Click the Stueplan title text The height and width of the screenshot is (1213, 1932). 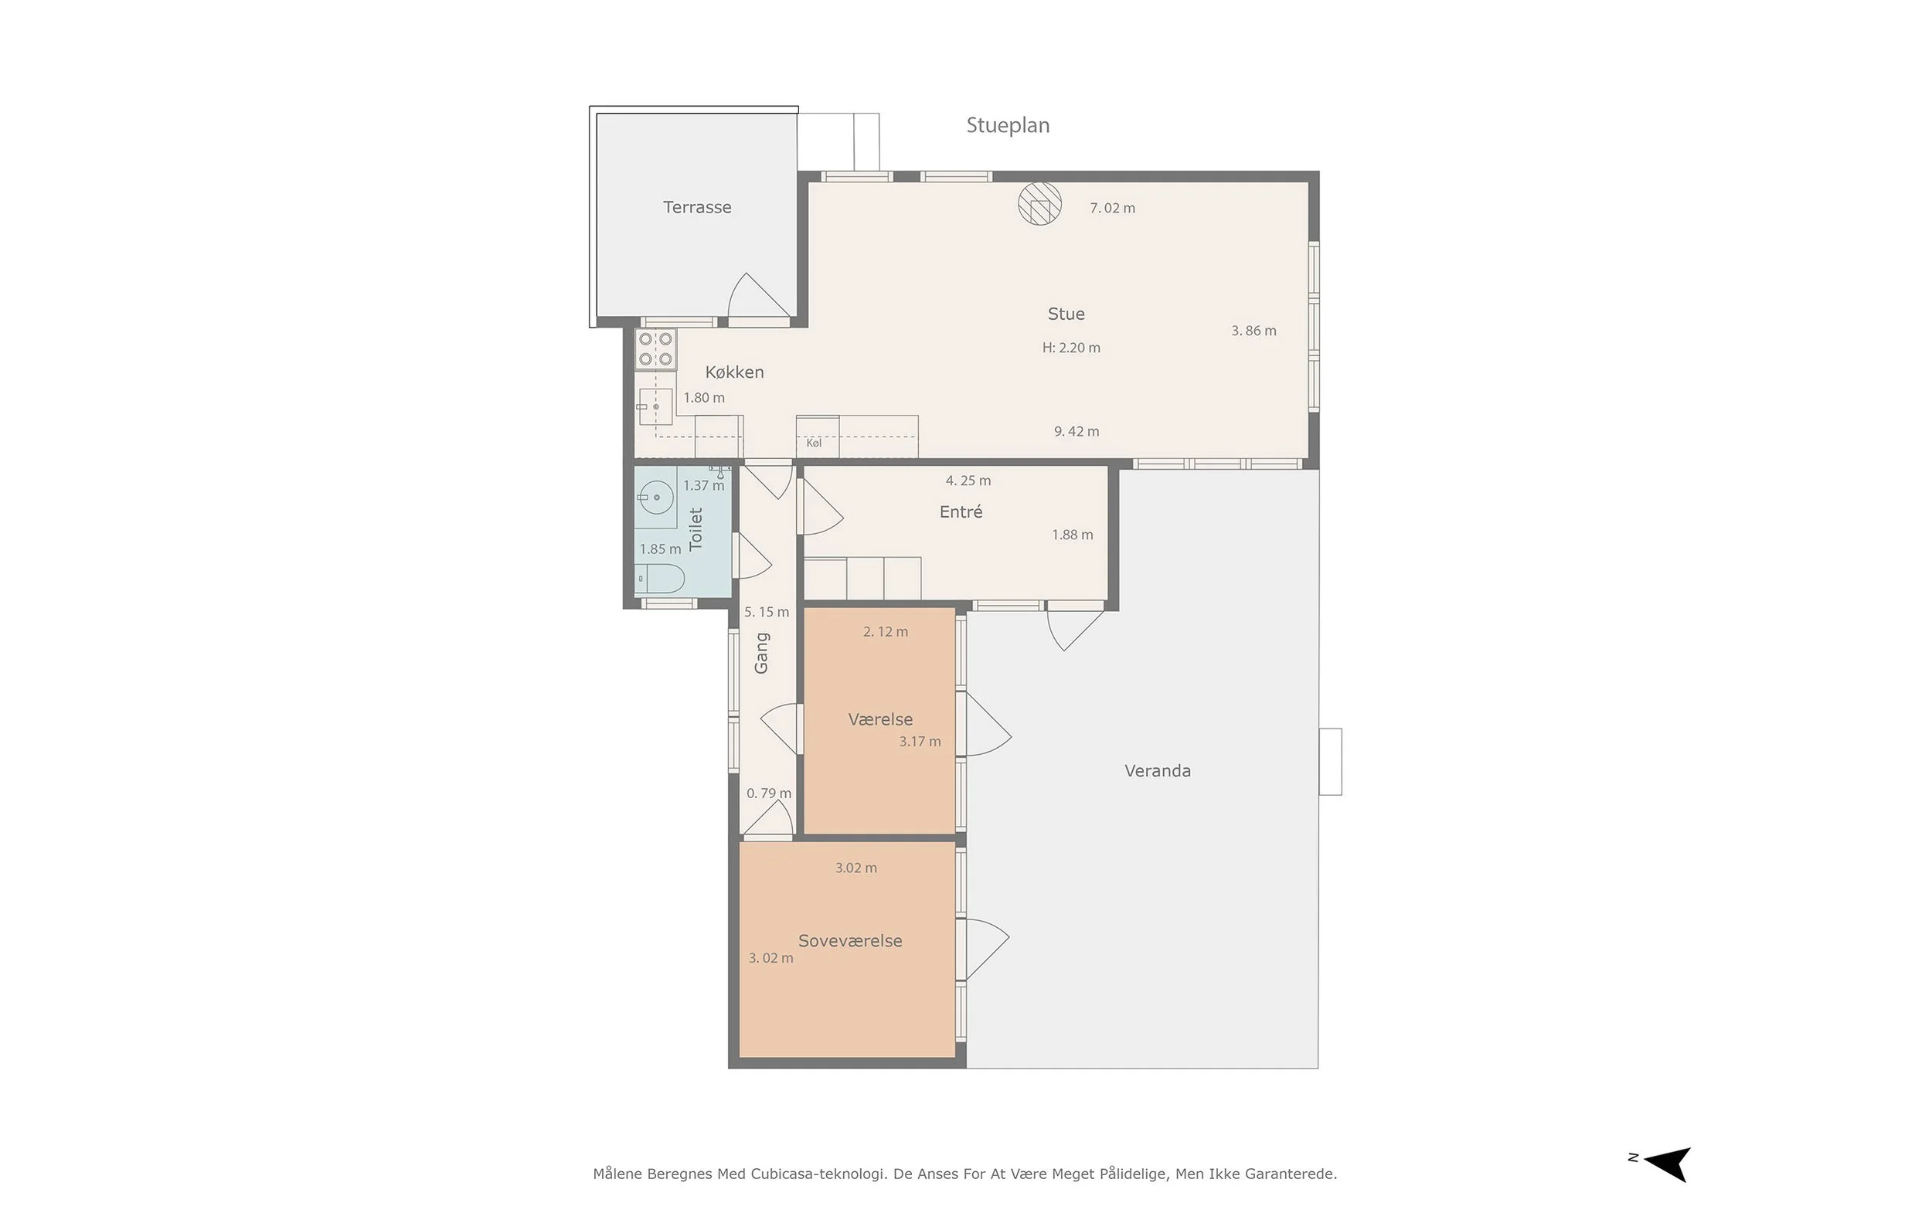tap(1008, 126)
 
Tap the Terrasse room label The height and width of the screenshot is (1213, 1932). tap(697, 207)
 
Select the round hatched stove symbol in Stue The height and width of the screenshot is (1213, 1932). tap(1040, 204)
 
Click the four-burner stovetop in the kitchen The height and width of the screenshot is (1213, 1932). tap(655, 349)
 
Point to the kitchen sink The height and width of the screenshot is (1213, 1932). tap(655, 406)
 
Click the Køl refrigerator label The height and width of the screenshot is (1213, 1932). tap(814, 443)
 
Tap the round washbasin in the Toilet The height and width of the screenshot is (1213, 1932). tap(656, 498)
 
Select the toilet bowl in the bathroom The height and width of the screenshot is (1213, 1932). tap(660, 579)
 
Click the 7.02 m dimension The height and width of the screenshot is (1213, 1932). tap(1112, 209)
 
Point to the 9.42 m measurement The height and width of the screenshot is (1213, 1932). tap(1077, 432)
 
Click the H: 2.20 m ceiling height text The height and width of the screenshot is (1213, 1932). tap(1071, 348)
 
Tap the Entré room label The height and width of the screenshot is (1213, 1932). tap(961, 511)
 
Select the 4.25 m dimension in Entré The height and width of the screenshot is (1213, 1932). tap(968, 481)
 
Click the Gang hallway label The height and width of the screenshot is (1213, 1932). tap(761, 653)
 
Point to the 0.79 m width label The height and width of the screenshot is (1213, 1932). tap(769, 793)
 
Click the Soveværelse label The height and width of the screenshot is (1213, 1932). tap(850, 941)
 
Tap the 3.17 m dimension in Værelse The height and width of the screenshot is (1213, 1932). tap(920, 742)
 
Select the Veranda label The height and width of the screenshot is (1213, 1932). tap(1158, 771)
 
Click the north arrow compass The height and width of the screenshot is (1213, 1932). tap(1665, 1164)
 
